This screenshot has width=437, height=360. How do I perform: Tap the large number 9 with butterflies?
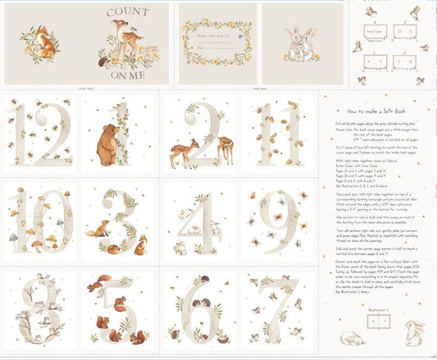tap(278, 217)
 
